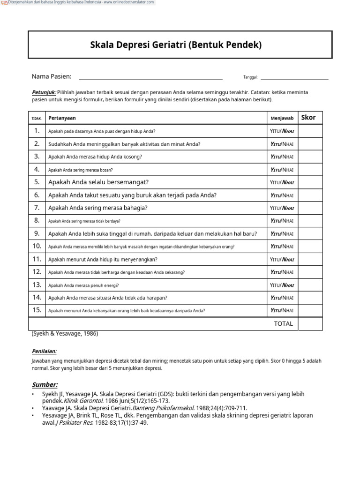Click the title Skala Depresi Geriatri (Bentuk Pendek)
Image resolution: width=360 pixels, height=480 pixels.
point(176,45)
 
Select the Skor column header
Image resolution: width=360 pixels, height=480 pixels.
point(308,118)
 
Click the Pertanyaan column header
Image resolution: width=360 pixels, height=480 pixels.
point(62,118)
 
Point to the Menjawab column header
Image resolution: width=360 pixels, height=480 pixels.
point(282,118)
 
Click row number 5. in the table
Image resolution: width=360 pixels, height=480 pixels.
point(37,182)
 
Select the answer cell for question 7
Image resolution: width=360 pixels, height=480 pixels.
point(282,208)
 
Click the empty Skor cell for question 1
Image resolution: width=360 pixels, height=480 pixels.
point(310,131)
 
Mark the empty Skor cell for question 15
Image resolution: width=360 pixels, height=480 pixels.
point(310,310)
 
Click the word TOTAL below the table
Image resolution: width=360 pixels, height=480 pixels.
point(283,323)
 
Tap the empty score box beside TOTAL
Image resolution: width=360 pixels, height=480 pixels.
point(310,323)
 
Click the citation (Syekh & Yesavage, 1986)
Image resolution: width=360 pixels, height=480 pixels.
point(65,334)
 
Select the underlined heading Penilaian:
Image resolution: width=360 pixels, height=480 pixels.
point(45,351)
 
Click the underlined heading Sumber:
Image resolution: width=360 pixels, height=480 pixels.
point(45,385)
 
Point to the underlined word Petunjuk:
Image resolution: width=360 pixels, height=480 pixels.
point(44,92)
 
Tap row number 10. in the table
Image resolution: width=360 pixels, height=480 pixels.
point(37,246)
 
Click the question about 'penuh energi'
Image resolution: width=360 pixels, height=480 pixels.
point(83,285)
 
